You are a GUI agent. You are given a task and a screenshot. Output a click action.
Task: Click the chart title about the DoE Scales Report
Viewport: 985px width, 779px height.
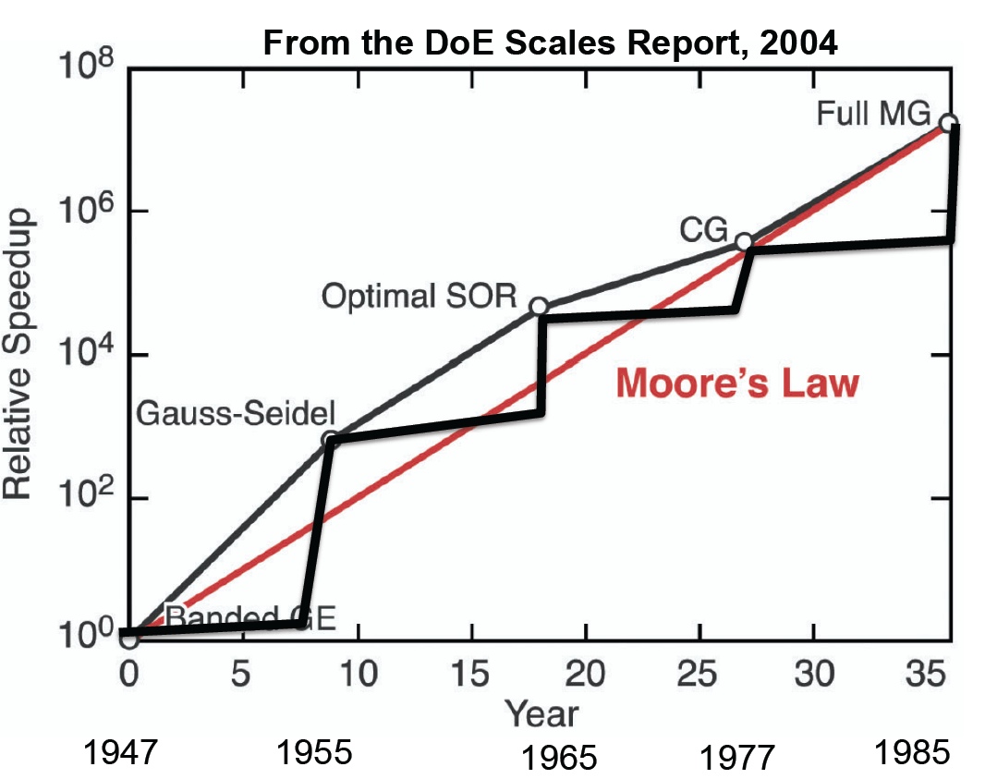coord(550,43)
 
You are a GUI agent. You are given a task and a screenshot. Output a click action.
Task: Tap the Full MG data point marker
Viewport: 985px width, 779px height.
coord(947,123)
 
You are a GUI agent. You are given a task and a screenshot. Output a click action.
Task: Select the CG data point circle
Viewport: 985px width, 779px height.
coord(743,241)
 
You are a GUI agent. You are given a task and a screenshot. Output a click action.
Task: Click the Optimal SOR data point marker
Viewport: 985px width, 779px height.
coord(540,306)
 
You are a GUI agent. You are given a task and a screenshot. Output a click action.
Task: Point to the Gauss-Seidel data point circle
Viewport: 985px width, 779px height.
coord(330,440)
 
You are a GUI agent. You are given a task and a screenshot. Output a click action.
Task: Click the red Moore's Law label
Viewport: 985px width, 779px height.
coord(736,382)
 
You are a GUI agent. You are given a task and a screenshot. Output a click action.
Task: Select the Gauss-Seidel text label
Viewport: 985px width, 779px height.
coord(236,413)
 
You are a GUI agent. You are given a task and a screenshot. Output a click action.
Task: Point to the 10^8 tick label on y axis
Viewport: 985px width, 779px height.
coord(89,67)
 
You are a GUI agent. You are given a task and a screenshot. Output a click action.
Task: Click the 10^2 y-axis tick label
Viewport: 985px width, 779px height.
coord(89,497)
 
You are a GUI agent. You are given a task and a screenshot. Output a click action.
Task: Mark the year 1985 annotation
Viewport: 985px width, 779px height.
coord(913,753)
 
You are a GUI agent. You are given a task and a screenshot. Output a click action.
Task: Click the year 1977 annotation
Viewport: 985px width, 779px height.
coord(736,758)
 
